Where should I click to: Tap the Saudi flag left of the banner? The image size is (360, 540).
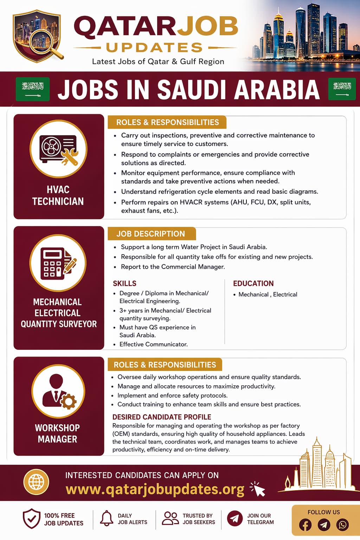tap(33, 89)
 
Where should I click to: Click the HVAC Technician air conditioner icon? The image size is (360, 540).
tap(58, 149)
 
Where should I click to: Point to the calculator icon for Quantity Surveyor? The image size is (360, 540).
tap(58, 263)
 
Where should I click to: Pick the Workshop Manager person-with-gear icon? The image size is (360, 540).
tap(58, 391)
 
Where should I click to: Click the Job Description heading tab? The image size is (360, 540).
tap(151, 234)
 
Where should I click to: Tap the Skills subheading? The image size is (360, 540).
tap(124, 283)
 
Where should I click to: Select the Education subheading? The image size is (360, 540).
tap(253, 283)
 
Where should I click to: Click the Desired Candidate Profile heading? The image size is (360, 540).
tap(162, 417)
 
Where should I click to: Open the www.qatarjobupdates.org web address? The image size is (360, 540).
tap(155, 489)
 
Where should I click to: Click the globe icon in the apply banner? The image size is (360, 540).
tap(36, 482)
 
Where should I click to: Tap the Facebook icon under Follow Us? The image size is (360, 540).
tap(305, 525)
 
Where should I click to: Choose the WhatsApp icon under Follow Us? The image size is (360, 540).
tap(342, 525)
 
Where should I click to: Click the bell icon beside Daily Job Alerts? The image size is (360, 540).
tap(107, 519)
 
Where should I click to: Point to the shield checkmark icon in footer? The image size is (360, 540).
tap(31, 519)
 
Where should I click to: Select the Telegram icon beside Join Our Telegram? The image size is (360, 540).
tap(234, 519)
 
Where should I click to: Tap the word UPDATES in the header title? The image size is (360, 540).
tap(155, 47)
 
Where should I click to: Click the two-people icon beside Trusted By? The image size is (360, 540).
tap(171, 518)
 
